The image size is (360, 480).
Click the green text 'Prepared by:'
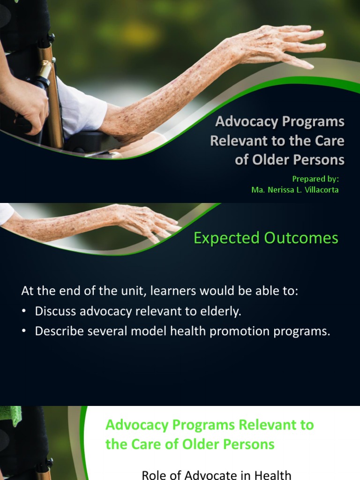pos(315,179)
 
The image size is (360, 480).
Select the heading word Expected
pos(227,238)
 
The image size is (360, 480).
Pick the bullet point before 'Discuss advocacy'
pos(24,311)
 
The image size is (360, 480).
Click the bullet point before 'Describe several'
pos(24,331)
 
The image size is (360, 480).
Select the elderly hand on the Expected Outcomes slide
pos(145,220)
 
